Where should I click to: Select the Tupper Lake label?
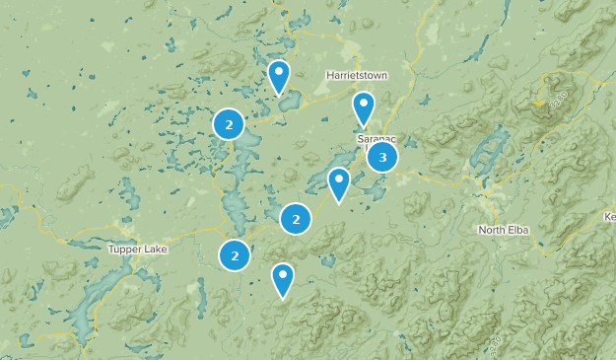(138, 250)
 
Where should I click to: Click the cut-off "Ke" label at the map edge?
(608, 216)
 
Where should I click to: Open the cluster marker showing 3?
(382, 156)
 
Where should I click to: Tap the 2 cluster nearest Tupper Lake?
(235, 255)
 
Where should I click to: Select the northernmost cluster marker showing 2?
(229, 124)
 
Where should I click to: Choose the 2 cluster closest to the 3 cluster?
(296, 218)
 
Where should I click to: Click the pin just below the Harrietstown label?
(364, 107)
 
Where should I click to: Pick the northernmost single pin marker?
(279, 75)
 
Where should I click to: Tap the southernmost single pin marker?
(283, 278)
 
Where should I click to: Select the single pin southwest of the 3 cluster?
(339, 182)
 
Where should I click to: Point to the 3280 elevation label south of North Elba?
(493, 344)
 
